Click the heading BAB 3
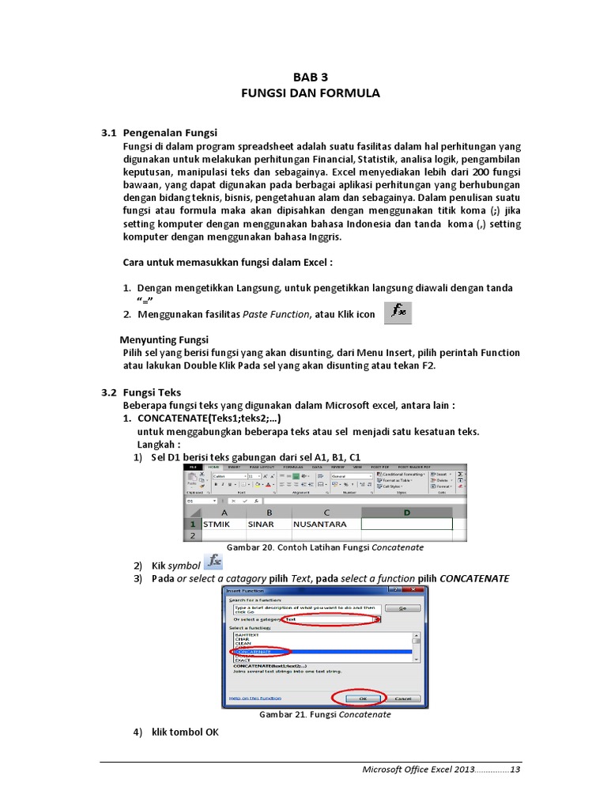tap(310, 77)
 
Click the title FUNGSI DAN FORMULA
tap(310, 93)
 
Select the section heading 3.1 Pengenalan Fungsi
tap(159, 133)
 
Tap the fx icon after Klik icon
tap(398, 313)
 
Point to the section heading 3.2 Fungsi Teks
tap(141, 392)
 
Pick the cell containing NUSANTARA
tap(325, 524)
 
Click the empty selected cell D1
tap(406, 524)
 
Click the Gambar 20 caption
tap(326, 547)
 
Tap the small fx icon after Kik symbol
tap(213, 562)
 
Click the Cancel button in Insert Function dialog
tap(402, 698)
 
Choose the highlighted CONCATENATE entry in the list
tap(261, 652)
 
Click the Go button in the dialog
tap(402, 608)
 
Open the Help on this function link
tap(254, 698)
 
